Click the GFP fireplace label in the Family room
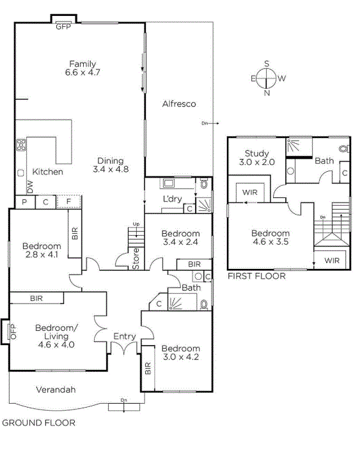pos(63,27)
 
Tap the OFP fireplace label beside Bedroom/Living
pos(13,332)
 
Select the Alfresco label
pos(179,104)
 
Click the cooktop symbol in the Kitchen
pos(21,145)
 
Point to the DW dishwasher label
pos(30,187)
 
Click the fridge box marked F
pos(69,201)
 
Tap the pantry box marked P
pos(25,202)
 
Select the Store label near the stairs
pos(136,259)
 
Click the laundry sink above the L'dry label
pos(169,183)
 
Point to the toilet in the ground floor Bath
pos(204,304)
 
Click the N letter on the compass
pos(267,93)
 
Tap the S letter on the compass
pos(267,63)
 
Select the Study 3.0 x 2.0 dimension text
pos(257,162)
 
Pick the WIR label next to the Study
pos(250,192)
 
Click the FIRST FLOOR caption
pos(256,276)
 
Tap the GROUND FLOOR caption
pos(39,423)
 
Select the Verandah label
pos(56,390)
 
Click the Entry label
pos(125,337)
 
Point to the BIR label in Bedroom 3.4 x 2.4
pos(194,264)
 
